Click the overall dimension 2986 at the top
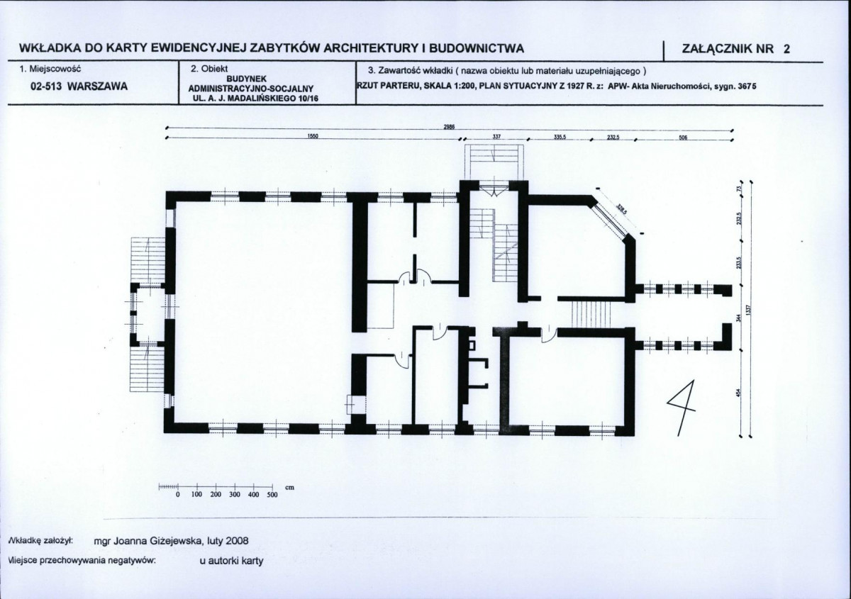click(x=450, y=127)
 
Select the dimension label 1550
click(x=311, y=138)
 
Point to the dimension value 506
click(x=683, y=138)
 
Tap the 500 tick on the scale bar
click(x=272, y=494)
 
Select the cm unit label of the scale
click(x=289, y=488)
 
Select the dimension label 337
click(x=496, y=138)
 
